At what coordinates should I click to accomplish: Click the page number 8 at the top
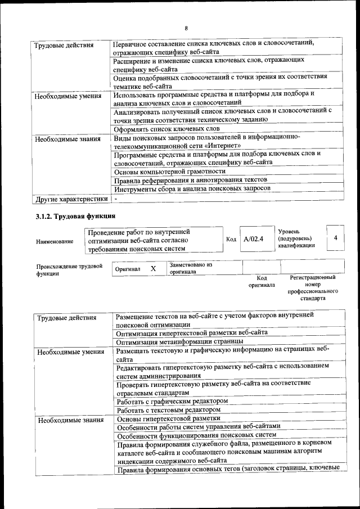186,28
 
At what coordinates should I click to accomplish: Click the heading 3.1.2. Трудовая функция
76,216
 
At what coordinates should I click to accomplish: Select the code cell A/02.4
254,239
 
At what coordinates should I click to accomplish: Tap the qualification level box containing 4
335,238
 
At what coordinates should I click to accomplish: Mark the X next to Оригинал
153,269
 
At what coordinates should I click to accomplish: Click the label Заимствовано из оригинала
191,268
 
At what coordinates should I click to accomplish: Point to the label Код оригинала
262,281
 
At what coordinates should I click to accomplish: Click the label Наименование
55,241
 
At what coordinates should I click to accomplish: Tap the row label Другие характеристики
71,199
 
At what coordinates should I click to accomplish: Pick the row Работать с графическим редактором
172,402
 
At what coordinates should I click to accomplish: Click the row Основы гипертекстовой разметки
168,418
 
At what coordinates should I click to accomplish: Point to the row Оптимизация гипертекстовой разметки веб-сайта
192,332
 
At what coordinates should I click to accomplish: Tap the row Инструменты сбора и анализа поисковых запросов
192,188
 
